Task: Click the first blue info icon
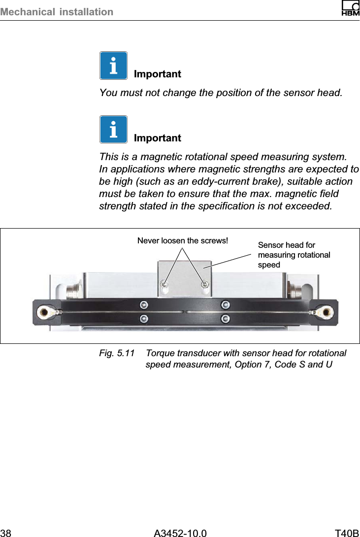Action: tap(113, 66)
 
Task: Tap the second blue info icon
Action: tap(113, 129)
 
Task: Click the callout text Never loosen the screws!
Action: tap(183, 240)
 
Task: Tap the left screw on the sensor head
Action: tap(165, 284)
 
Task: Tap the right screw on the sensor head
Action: tap(205, 284)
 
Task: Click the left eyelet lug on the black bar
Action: tap(45, 311)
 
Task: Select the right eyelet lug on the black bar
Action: tap(325, 311)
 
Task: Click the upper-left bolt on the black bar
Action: tap(144, 304)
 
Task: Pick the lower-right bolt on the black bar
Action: tap(226, 319)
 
